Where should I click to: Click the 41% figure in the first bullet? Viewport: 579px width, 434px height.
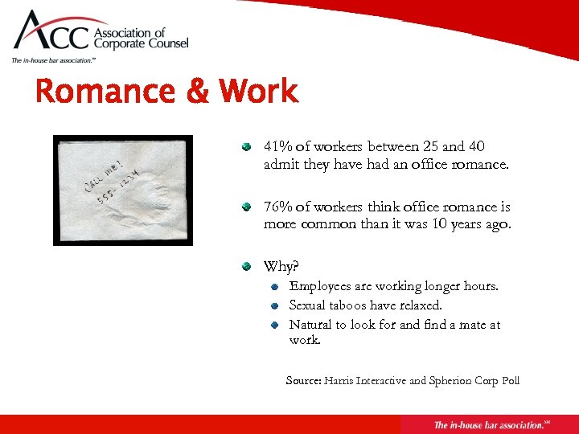(x=277, y=147)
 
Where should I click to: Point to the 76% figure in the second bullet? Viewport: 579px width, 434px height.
(x=277, y=207)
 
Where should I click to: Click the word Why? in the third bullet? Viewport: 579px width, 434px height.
(x=281, y=267)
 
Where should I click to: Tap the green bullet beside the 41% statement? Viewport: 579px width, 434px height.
(x=249, y=147)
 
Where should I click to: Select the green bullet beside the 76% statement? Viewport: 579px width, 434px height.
(x=249, y=207)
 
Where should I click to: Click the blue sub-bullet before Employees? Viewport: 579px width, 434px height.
(x=275, y=287)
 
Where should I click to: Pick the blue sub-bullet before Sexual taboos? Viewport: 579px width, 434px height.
(x=275, y=306)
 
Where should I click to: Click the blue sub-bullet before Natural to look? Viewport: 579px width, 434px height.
(x=275, y=325)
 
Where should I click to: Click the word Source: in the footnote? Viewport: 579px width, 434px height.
(x=303, y=380)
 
